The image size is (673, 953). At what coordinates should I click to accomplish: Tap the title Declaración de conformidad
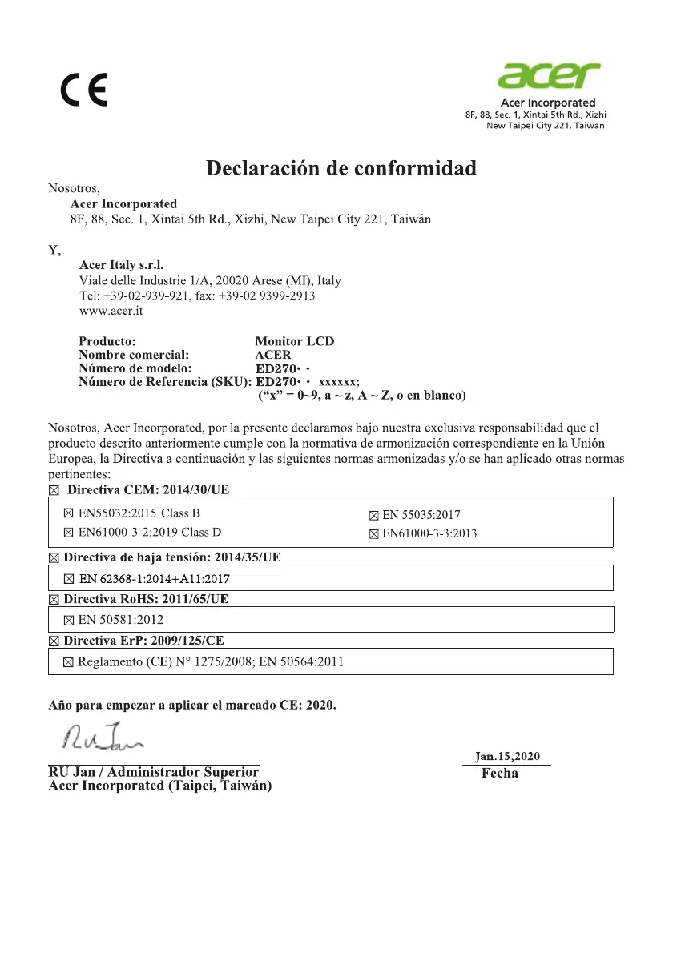click(341, 168)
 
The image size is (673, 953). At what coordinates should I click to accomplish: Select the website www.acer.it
click(111, 311)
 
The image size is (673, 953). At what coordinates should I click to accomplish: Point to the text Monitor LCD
click(294, 341)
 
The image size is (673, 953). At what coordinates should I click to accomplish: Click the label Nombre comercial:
click(134, 354)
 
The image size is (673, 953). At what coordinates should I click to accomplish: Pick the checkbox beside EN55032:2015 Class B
click(68, 513)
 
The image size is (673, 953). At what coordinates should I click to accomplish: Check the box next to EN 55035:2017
click(373, 516)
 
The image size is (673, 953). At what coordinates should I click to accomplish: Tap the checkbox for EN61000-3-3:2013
click(373, 534)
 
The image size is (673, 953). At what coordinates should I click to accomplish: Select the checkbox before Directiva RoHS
click(54, 600)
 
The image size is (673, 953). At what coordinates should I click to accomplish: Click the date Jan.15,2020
click(507, 756)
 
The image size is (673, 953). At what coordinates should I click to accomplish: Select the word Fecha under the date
click(500, 774)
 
